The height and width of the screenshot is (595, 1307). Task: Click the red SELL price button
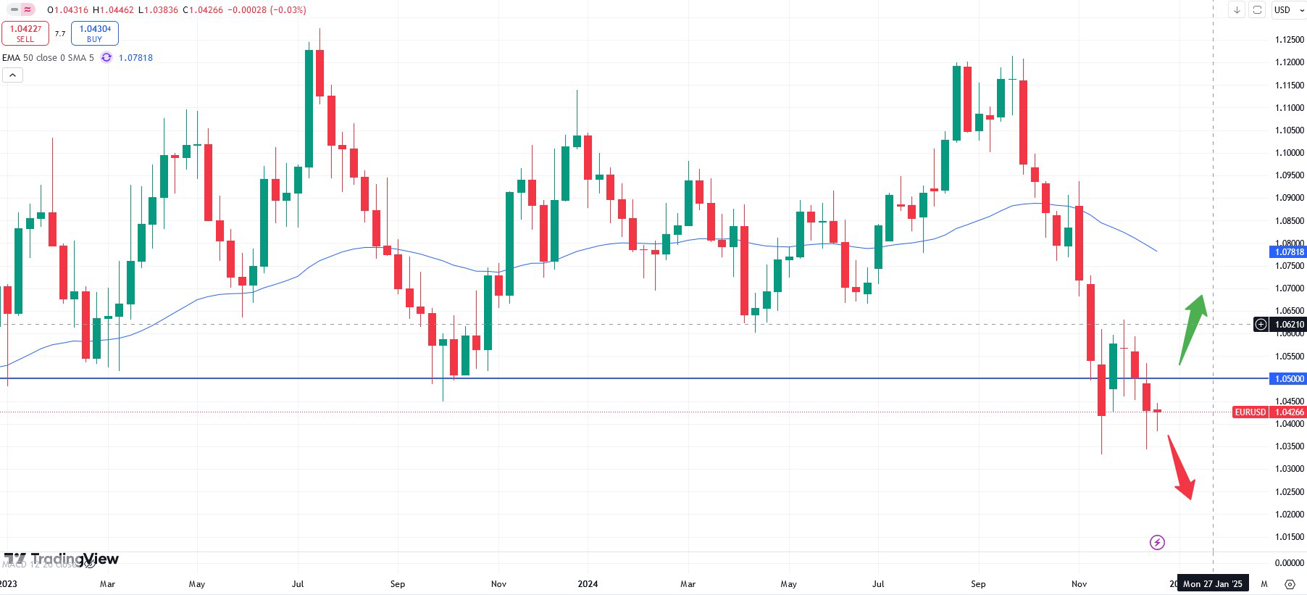pos(25,33)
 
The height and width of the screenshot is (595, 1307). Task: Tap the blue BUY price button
pos(95,33)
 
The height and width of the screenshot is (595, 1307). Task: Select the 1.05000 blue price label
pos(1288,378)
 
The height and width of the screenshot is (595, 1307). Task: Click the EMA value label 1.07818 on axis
pos(1288,252)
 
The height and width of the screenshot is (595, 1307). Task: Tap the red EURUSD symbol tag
pos(1250,412)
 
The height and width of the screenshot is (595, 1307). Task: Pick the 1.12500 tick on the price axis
pos(1289,40)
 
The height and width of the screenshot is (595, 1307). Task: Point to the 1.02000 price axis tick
pos(1289,515)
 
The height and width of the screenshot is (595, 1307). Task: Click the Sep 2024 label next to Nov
pos(978,584)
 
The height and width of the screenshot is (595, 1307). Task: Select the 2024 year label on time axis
pos(588,584)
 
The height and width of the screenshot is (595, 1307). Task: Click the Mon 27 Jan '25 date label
pos(1212,584)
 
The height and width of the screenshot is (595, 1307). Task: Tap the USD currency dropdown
pos(1288,9)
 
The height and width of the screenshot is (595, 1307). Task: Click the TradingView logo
pos(61,559)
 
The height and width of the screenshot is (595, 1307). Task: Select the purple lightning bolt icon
pos(1157,542)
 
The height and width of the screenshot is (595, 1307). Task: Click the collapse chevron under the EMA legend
pos(12,75)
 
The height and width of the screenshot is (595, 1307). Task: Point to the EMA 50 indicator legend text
pos(48,58)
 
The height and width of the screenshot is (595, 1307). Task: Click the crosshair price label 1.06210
pos(1289,325)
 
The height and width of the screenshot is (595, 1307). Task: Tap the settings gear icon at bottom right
pos(1290,584)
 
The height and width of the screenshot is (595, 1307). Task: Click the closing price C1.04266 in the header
pos(203,10)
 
